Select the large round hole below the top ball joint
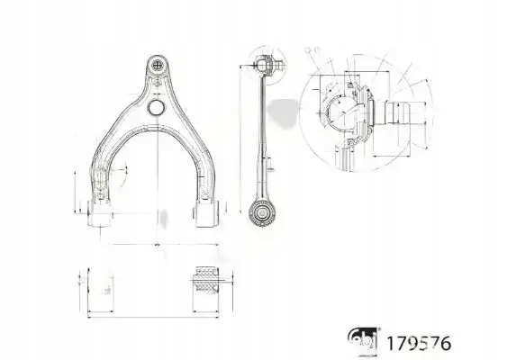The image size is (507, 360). click(x=155, y=107)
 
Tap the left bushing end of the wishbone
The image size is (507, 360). click(x=100, y=213)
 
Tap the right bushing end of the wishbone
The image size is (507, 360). click(x=207, y=214)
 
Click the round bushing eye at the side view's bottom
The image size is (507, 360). click(x=263, y=214)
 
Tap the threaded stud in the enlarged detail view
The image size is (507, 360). click(x=396, y=113)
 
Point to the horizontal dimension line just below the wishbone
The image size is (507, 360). click(x=155, y=244)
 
